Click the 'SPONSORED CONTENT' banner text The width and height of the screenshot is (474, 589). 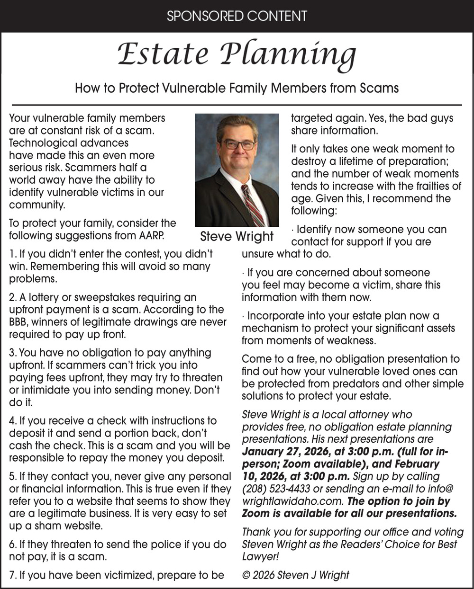(237, 16)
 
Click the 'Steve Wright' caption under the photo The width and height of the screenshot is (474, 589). (237, 236)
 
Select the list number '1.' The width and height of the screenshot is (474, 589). (13, 254)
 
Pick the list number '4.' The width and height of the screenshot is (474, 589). (13, 421)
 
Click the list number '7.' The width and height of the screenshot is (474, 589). (13, 576)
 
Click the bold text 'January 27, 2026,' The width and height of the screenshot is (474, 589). (284, 452)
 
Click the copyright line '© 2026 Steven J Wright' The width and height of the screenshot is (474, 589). (295, 575)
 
